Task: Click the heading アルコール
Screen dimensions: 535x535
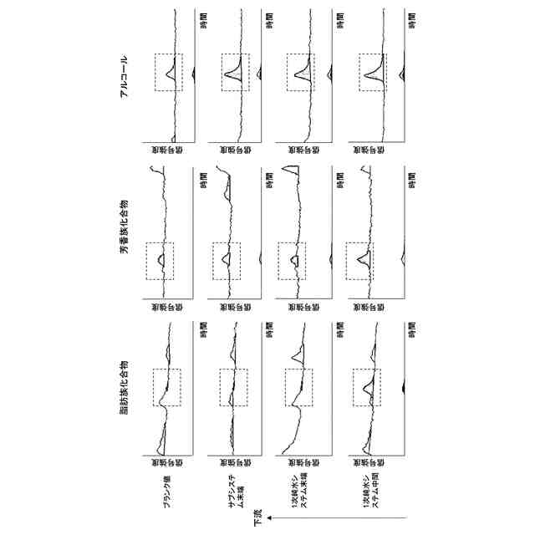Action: [124, 77]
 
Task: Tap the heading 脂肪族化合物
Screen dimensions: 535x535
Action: [124, 384]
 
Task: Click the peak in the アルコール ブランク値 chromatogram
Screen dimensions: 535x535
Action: [168, 73]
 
